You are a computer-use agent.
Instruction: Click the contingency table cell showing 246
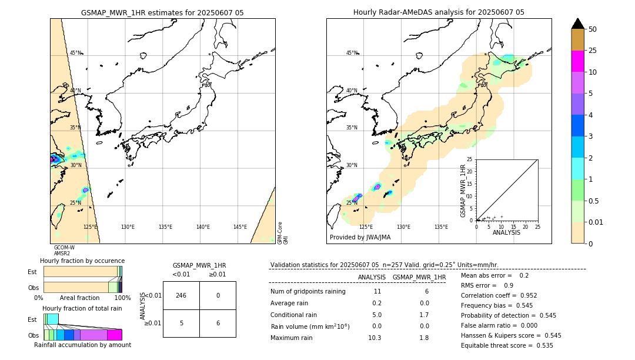181,295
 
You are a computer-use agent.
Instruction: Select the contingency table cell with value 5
181,323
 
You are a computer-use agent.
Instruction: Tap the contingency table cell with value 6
218,323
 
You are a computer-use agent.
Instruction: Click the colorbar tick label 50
593,29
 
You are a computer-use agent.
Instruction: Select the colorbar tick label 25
593,51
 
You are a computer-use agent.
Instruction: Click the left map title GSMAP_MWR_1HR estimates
162,12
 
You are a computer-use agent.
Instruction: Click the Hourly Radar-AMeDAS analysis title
439,12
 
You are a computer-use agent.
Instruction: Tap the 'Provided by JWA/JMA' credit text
360,237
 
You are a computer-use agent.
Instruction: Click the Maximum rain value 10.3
374,338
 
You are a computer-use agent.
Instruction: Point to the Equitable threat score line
507,345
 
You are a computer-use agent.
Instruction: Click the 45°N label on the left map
76,53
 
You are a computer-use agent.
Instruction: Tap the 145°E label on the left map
240,226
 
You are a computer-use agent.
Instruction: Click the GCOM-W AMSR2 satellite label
64,250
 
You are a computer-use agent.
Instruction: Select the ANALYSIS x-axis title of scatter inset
506,232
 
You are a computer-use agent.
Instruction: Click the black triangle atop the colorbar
578,24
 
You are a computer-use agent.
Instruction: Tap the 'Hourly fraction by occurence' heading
82,261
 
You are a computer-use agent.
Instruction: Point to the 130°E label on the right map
403,226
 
